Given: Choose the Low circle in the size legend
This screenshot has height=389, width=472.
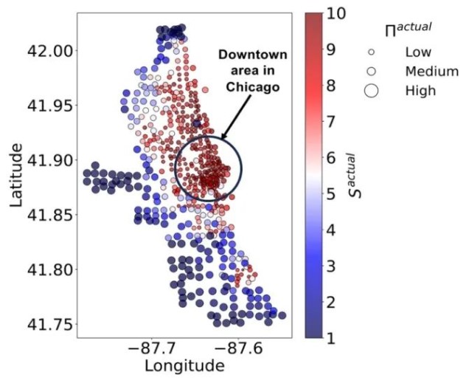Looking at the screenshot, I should (x=372, y=53).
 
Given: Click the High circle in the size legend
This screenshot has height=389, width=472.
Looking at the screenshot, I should (x=372, y=91).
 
